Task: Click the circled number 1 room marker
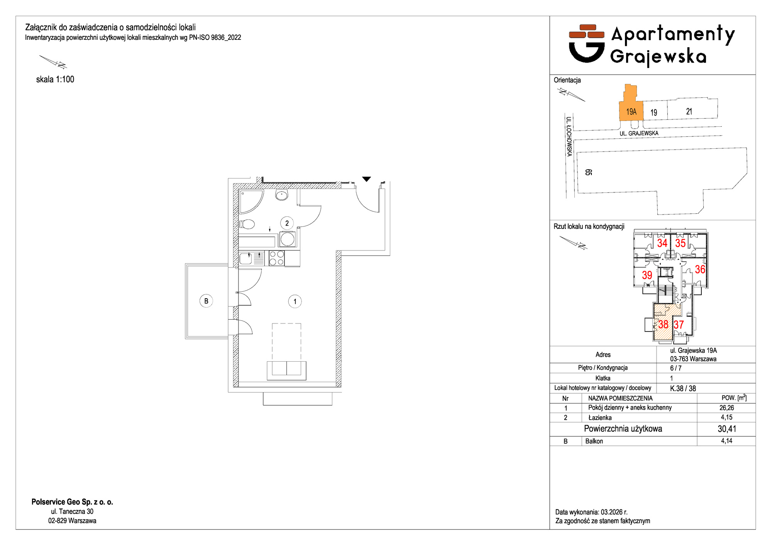295,301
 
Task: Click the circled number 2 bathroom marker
287,223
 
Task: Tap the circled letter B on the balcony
206,301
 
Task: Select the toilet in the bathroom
247,224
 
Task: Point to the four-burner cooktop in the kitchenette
276,258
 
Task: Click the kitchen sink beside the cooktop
246,258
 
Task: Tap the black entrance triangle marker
366,179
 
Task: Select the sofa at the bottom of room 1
286,370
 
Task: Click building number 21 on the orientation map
689,111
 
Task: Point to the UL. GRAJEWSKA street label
639,133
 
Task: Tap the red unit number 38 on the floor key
663,324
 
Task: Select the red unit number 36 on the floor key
700,269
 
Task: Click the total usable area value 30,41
727,429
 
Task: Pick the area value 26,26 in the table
726,408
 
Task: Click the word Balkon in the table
594,441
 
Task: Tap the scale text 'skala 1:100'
55,79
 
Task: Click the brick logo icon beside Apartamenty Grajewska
587,43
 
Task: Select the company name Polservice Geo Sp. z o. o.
72,502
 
